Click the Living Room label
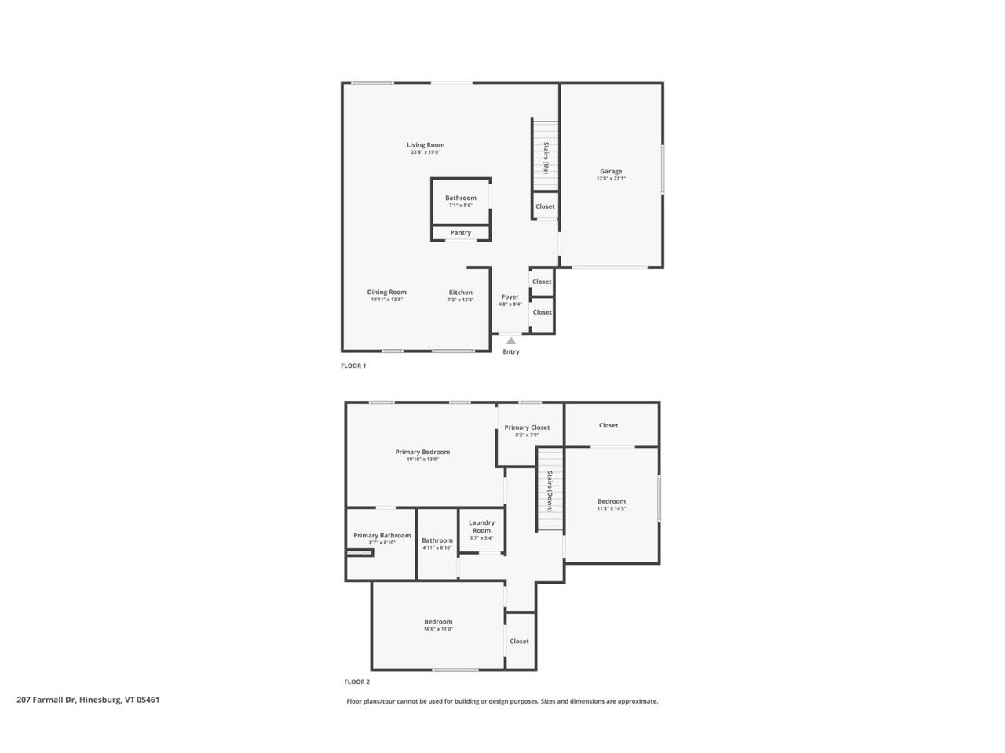coord(426,145)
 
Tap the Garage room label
coord(611,171)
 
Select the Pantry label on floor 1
coord(461,233)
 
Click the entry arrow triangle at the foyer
coord(511,340)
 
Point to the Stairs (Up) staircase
coord(545,156)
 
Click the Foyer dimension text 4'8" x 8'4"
coord(510,304)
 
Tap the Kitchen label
coord(461,293)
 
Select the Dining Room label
coord(387,292)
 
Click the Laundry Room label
coord(481,526)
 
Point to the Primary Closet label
coord(527,427)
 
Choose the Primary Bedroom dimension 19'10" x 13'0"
coord(422,460)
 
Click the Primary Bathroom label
coord(382,536)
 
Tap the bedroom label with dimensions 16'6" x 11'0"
coord(438,622)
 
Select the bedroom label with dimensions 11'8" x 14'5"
coord(612,501)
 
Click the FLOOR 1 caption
coord(353,366)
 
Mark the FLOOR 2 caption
coord(356,682)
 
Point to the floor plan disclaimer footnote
coord(502,701)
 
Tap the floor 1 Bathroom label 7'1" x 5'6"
coord(461,198)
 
